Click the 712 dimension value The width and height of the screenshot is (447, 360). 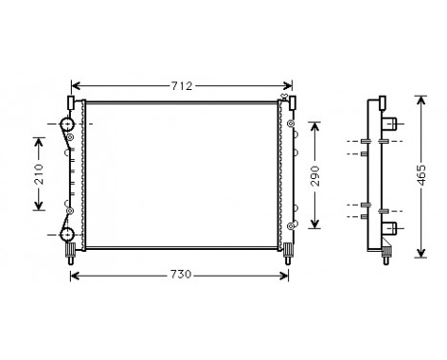point(181,85)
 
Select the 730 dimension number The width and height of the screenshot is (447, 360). point(181,275)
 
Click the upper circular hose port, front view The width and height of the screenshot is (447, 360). point(67,124)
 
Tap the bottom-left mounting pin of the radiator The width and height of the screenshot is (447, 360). point(71,253)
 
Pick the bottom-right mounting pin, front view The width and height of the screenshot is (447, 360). point(286,253)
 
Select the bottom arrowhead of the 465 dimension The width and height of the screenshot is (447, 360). point(420,255)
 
